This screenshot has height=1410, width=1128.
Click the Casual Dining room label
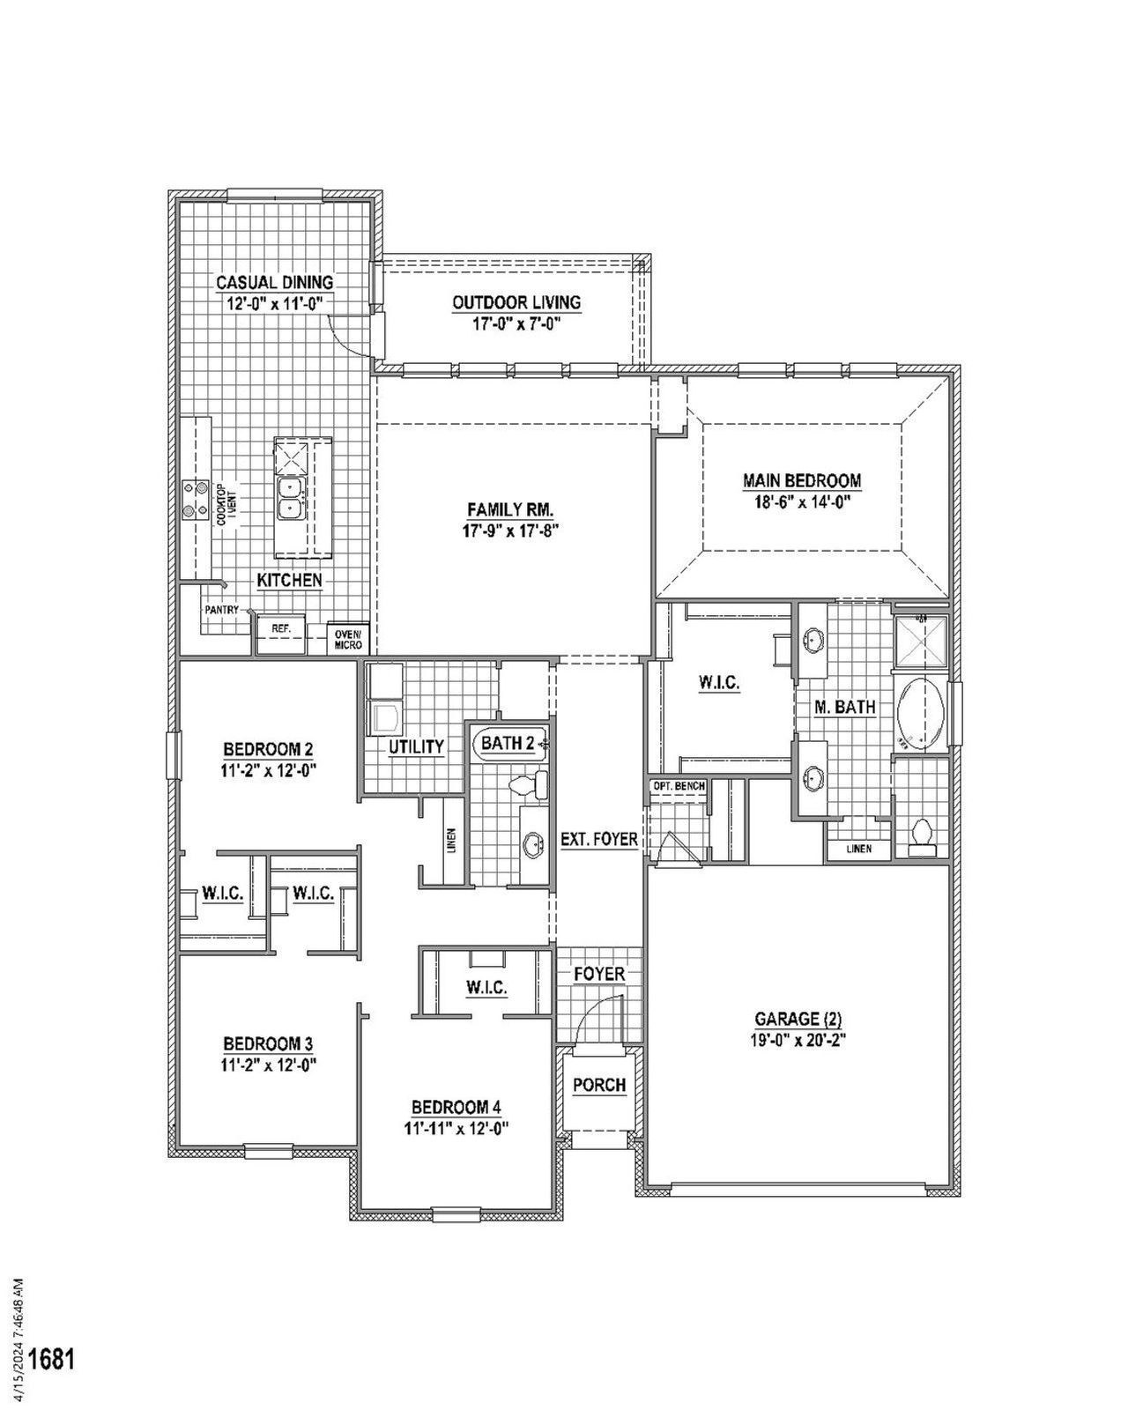tap(275, 283)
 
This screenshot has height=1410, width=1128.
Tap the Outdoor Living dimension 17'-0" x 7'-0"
tap(516, 323)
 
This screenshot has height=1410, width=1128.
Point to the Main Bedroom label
tap(801, 481)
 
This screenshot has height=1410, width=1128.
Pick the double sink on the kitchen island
tap(288, 498)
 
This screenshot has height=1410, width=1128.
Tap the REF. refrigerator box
tap(280, 629)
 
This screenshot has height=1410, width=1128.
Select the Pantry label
tap(221, 609)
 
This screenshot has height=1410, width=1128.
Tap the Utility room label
tap(416, 747)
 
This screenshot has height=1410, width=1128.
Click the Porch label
tap(599, 1085)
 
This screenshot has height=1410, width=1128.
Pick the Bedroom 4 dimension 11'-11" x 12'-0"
tap(456, 1127)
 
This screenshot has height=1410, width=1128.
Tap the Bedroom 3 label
tap(268, 1044)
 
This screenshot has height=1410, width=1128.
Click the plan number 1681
tap(52, 1358)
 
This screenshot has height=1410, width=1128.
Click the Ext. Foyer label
tap(599, 840)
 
